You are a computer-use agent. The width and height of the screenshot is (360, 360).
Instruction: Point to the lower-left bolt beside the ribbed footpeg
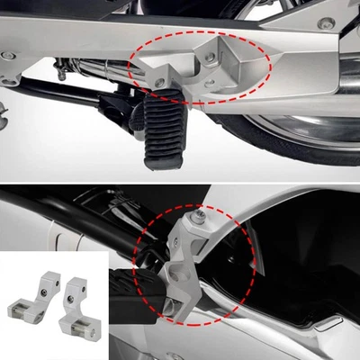[159, 82]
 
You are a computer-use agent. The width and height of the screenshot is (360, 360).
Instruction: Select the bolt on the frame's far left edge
[7, 55]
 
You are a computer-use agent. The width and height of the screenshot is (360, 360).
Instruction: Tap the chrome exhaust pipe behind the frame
[99, 71]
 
